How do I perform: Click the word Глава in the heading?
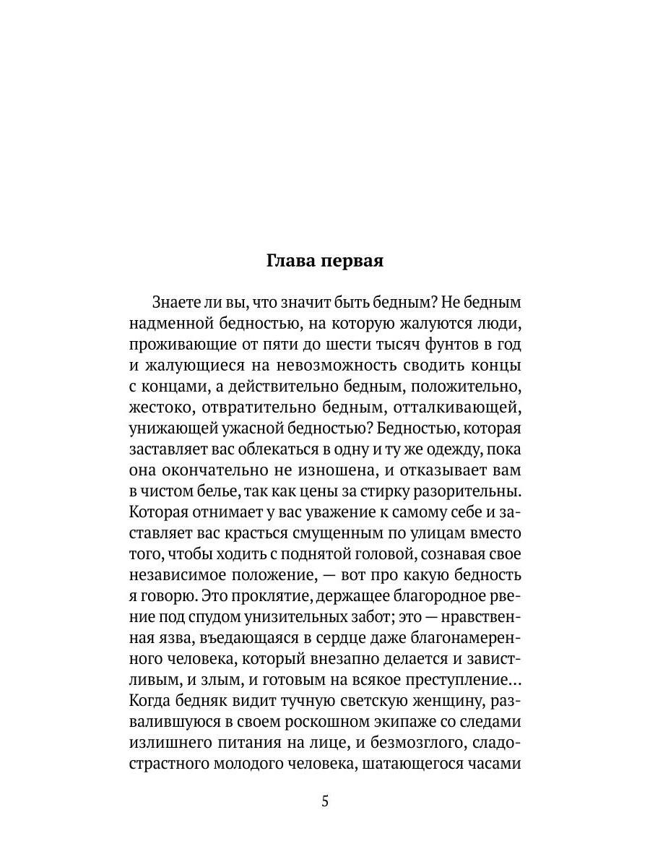(292, 262)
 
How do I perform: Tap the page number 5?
(325, 801)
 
